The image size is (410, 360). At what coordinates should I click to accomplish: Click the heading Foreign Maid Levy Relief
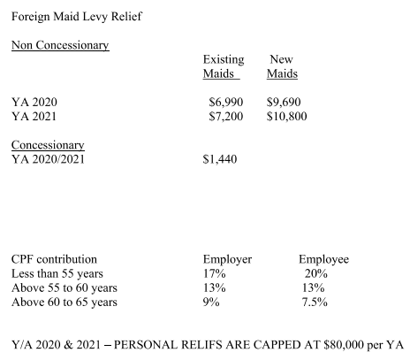tap(77, 17)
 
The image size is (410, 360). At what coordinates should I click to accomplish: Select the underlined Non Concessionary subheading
tap(60, 45)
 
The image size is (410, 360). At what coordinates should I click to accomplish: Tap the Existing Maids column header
tap(224, 66)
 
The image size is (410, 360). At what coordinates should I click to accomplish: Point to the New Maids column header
tap(282, 66)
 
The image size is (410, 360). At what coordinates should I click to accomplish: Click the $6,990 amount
tap(226, 103)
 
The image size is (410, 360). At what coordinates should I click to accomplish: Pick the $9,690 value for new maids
tap(284, 103)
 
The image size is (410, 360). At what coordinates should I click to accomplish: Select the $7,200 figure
tap(226, 117)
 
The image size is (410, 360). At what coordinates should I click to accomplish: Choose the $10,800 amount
tap(286, 117)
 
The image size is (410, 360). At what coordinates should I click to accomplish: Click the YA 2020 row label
tap(34, 103)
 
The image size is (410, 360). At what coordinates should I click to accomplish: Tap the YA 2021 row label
tap(34, 117)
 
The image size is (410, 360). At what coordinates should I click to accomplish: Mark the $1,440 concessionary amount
tap(220, 159)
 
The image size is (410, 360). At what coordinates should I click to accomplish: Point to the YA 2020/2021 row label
tap(48, 159)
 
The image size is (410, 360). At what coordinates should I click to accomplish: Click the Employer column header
tap(227, 260)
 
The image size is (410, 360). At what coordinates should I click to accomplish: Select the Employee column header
tap(323, 260)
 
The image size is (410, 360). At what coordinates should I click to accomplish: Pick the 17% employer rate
tap(214, 274)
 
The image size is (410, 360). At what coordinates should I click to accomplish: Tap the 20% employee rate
tap(315, 274)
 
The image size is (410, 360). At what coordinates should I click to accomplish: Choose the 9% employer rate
tap(211, 303)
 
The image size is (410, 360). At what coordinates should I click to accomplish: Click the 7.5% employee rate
tap(315, 303)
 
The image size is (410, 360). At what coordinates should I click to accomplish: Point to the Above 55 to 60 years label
tap(65, 288)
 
